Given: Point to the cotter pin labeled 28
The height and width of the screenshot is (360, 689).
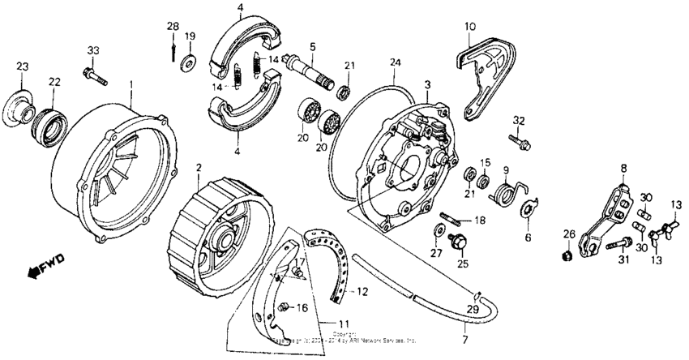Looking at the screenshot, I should click(173, 50).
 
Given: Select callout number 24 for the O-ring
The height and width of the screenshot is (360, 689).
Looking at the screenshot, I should click(395, 62).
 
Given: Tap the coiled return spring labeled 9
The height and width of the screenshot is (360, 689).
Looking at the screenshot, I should click(504, 195).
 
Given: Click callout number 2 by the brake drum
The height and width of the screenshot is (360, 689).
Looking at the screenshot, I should click(198, 168).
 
